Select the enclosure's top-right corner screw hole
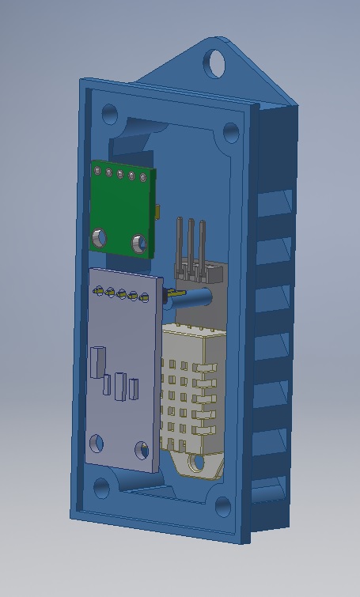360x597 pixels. tap(231, 132)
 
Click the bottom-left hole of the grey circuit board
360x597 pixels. tap(97, 443)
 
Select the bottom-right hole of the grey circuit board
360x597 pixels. tap(142, 451)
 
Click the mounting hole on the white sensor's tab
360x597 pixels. tap(195, 463)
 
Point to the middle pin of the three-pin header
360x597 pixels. tap(191, 241)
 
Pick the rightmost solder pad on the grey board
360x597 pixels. tap(145, 298)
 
